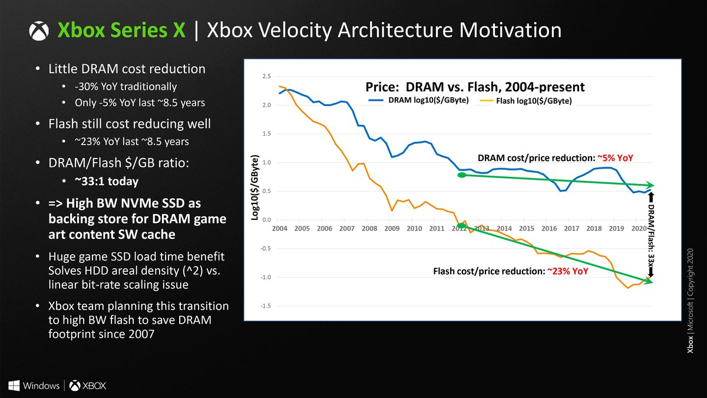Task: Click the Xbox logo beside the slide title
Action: (x=39, y=31)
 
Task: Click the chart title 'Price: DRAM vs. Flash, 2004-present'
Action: (x=475, y=87)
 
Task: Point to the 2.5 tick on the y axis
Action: (x=266, y=77)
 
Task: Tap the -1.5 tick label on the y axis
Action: (x=266, y=305)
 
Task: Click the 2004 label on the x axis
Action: (x=279, y=228)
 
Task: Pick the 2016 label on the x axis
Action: (x=549, y=228)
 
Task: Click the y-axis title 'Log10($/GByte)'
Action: (x=255, y=189)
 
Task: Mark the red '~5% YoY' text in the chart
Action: (x=616, y=157)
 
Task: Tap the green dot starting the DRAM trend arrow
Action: (x=462, y=175)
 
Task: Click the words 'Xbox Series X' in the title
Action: (x=121, y=31)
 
